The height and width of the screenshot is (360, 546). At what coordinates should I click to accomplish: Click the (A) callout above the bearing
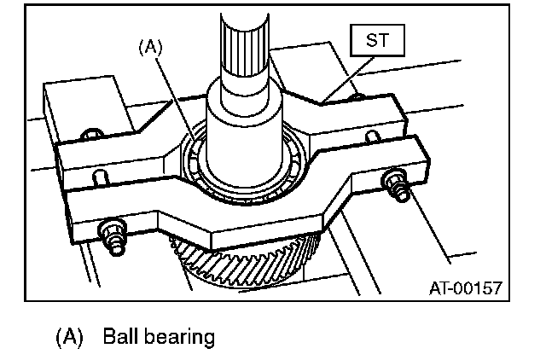pyautogui.click(x=150, y=48)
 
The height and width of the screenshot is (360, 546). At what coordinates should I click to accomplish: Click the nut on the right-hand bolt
pyautogui.click(x=395, y=181)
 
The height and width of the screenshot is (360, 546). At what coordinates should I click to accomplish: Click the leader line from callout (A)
pyautogui.click(x=176, y=95)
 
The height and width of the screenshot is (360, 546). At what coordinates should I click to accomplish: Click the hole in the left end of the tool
pyautogui.click(x=98, y=176)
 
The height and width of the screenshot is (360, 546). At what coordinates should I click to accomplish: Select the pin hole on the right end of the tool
pyautogui.click(x=373, y=136)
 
